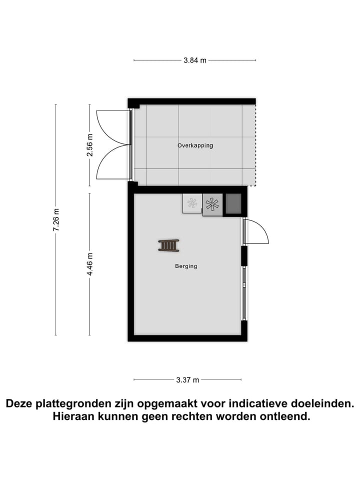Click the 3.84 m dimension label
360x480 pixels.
195,60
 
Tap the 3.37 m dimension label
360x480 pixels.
187,380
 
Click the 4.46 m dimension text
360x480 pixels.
90,264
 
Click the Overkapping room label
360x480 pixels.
195,145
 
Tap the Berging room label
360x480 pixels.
186,266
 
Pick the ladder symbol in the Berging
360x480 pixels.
169,245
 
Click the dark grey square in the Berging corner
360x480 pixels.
233,203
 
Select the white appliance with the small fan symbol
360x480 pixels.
192,203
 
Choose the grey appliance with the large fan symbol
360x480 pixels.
212,204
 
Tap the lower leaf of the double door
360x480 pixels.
113,163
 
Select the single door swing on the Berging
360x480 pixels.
256,231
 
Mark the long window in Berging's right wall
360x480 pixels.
244,293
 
